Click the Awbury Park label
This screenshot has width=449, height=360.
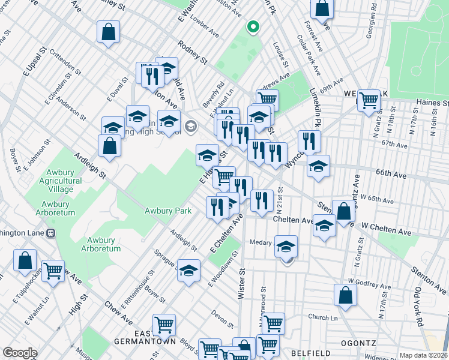167,211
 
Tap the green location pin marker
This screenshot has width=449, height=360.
253,27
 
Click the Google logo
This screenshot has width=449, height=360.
20,353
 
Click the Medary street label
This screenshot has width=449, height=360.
261,242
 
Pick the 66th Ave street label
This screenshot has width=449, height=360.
391,174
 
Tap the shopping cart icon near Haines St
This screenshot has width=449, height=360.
369,99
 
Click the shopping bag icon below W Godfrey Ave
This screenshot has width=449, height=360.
345,295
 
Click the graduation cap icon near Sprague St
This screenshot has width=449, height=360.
189,270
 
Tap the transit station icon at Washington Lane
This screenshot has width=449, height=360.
52,232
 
